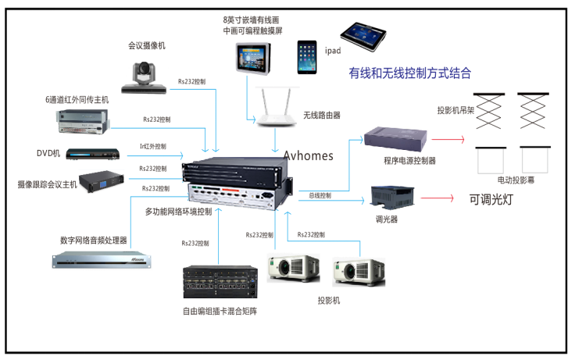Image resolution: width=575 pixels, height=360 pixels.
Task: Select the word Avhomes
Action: [308, 155]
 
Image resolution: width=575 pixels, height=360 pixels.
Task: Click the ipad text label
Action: [334, 51]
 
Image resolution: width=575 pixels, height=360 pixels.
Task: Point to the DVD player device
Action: [95, 153]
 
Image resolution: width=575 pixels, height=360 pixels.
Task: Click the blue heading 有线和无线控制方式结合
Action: [410, 73]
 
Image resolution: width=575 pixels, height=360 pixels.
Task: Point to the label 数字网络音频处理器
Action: [94, 241]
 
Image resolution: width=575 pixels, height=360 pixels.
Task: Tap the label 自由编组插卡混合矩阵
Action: [220, 312]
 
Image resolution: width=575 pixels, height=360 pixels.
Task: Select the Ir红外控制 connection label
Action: [152, 146]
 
